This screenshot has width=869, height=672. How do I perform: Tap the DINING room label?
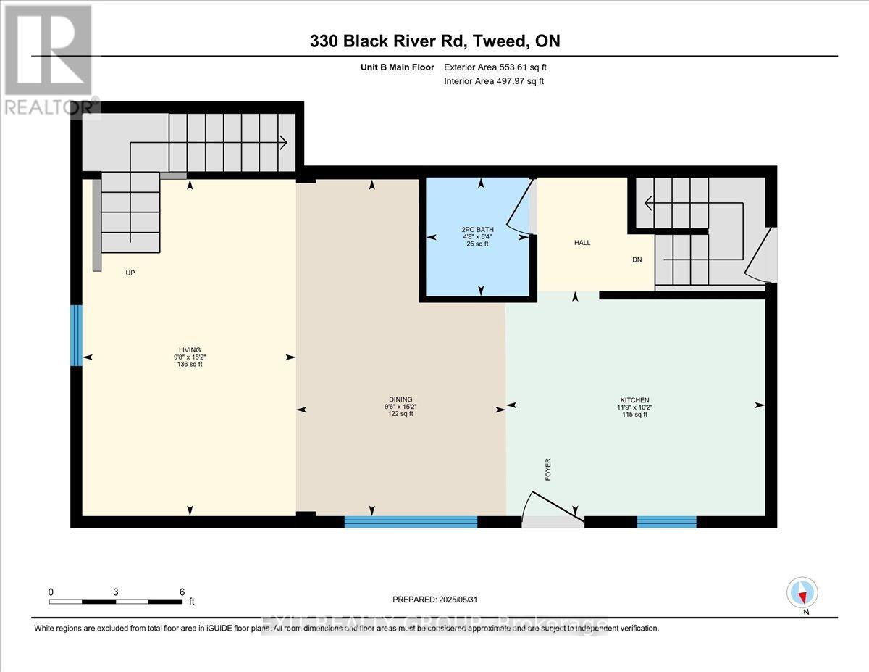(x=400, y=399)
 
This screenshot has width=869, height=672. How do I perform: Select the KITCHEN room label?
(x=634, y=400)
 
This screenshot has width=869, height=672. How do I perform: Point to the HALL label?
(x=582, y=243)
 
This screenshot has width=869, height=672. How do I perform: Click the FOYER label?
(x=548, y=469)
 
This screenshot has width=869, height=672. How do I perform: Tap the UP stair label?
(x=130, y=273)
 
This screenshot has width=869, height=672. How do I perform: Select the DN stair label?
(x=637, y=259)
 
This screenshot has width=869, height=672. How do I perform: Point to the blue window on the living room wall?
(x=76, y=335)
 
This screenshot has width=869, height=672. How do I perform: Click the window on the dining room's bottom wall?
(x=411, y=521)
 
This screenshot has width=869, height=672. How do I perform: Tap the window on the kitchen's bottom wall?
(x=666, y=521)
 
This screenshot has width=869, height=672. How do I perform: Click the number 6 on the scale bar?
(x=182, y=592)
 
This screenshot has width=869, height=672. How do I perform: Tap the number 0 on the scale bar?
(x=51, y=592)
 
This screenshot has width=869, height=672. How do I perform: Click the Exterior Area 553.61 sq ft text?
(x=495, y=67)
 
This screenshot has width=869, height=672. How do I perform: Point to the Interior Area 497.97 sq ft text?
(x=493, y=81)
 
